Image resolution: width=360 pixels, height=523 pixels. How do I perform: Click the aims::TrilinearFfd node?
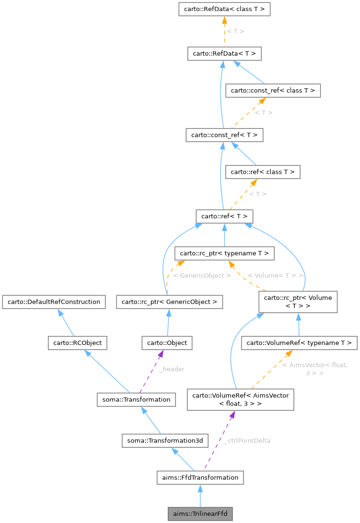200,513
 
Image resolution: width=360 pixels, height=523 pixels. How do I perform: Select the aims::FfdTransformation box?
200,477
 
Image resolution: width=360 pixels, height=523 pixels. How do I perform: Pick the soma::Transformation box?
134,399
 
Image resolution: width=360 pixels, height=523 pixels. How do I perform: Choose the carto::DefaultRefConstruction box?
53,302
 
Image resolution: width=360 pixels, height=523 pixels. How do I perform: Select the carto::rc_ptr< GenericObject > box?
170,302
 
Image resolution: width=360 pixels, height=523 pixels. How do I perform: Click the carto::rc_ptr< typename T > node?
225,253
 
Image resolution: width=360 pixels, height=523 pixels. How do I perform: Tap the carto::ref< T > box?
224,216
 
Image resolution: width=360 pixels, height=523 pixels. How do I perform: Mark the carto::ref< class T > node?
263,172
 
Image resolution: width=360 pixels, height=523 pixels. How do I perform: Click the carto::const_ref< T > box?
224,135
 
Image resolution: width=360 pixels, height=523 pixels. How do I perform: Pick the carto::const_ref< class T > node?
273,90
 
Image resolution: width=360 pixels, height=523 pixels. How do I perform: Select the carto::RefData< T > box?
224,53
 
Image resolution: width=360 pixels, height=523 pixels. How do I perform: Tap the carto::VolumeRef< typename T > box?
299,343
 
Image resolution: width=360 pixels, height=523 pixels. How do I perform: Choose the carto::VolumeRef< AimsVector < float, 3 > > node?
240,400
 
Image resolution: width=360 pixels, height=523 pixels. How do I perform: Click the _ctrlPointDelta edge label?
247,440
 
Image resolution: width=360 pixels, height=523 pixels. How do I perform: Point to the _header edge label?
172,369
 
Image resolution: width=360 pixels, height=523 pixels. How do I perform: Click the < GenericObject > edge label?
202,275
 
